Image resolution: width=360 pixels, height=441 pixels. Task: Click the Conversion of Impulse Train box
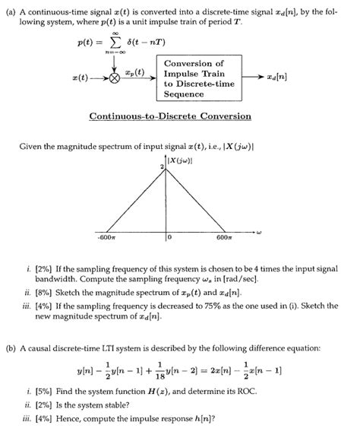[x=200, y=78]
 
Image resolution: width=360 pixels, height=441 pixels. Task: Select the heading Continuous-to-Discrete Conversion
[x=170, y=116]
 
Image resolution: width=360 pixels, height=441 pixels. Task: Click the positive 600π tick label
[x=223, y=237]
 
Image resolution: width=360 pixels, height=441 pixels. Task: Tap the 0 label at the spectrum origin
[x=170, y=237]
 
